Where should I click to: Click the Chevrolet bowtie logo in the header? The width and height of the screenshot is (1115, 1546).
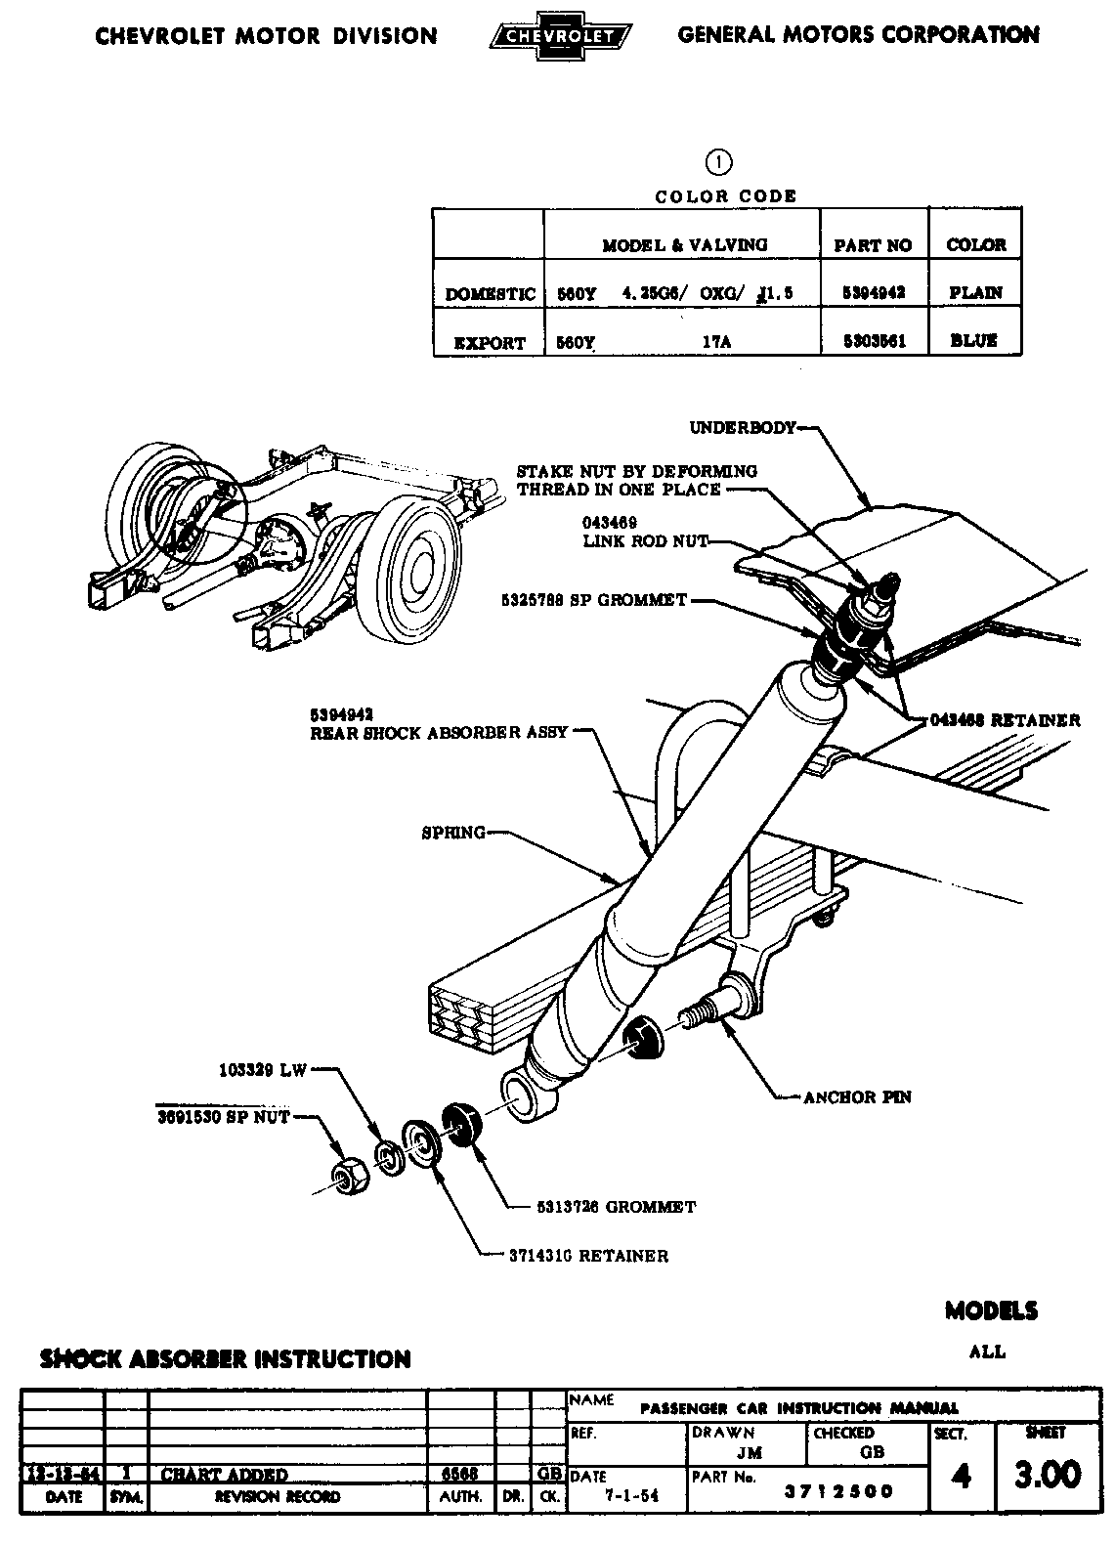[x=559, y=37]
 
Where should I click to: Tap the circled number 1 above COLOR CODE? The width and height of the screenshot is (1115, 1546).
[x=719, y=162]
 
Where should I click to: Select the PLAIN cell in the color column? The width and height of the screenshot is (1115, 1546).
[x=974, y=292]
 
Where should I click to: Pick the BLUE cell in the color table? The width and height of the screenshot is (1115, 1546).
[x=973, y=341]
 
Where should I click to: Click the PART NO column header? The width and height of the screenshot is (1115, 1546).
[x=873, y=245]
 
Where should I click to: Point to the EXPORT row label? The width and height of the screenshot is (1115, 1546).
[x=490, y=343]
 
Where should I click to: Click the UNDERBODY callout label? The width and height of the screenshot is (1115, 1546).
[x=743, y=428]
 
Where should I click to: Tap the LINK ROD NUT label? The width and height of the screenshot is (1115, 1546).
[x=645, y=540]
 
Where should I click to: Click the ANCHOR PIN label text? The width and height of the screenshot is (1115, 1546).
[x=857, y=1097]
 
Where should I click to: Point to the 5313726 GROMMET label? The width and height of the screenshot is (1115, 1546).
[x=616, y=1207]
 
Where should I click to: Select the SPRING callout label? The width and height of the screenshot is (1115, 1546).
[x=453, y=833]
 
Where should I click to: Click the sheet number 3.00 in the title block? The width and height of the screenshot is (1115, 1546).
[x=1048, y=1474]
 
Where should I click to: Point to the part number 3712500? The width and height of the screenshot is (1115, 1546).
[x=839, y=1491]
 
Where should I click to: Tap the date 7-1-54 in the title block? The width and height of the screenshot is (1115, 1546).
[x=619, y=1496]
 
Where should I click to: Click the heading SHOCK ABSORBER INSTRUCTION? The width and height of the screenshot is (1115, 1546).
[x=225, y=1359]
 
